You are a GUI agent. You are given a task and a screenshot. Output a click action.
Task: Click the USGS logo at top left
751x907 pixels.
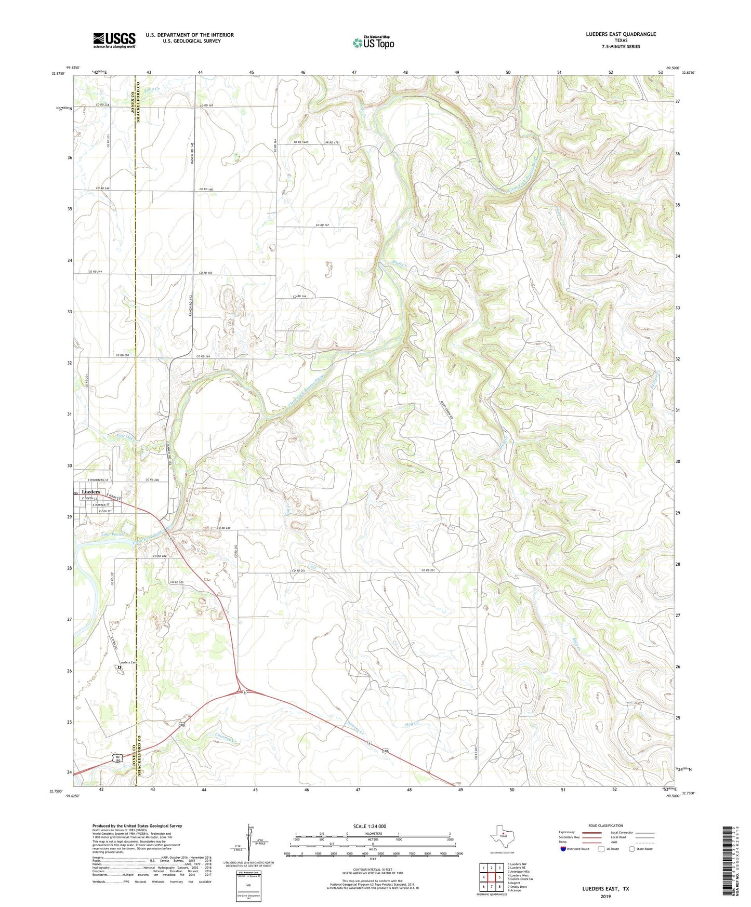[114, 40]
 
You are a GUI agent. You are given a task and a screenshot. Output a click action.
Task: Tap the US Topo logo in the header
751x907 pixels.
[373, 43]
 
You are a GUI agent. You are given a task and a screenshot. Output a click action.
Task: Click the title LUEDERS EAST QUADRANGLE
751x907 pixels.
[613, 34]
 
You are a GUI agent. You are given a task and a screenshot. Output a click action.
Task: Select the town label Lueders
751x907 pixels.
[91, 491]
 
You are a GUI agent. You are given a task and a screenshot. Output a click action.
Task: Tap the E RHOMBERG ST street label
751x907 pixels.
[95, 480]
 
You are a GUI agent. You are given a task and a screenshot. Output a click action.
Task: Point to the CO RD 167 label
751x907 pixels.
[323, 225]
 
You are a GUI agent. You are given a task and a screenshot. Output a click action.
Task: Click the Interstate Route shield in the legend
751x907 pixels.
[564, 849]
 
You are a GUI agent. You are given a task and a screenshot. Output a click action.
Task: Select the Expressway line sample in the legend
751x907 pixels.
[592, 832]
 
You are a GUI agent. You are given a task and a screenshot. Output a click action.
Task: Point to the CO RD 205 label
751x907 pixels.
[177, 582]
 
